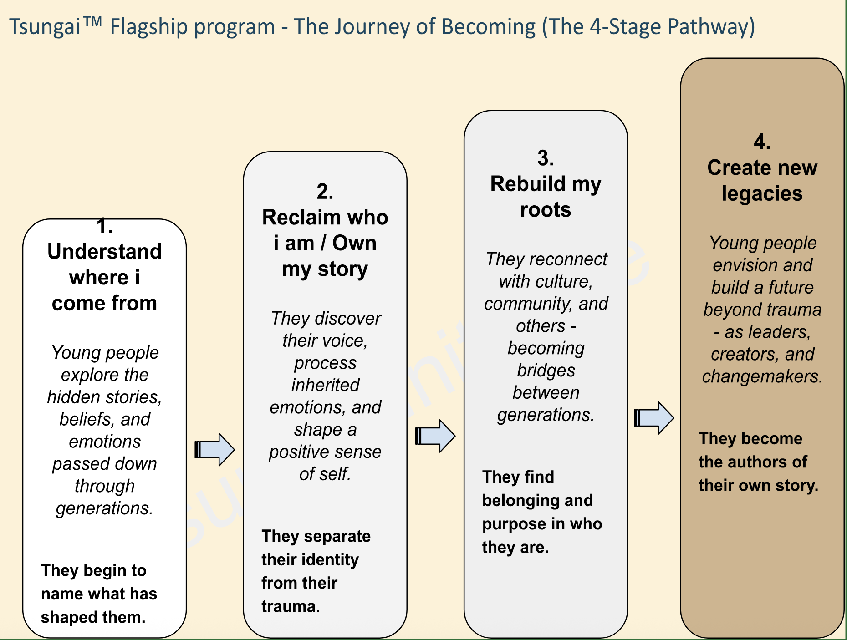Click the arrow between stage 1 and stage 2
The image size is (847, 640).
point(214,450)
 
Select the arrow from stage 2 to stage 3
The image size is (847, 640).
point(435,436)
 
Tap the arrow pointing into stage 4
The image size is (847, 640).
point(654,418)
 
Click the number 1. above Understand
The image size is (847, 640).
point(105,226)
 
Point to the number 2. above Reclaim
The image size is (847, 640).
point(325,192)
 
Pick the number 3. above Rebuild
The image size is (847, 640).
point(546,158)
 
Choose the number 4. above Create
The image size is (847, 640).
point(762,142)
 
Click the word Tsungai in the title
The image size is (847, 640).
point(45,27)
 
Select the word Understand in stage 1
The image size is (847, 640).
point(105,251)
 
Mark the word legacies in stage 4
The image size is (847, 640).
point(762,194)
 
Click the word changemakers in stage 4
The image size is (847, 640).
point(762,376)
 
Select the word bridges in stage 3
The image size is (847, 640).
point(546,371)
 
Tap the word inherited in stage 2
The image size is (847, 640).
point(325,385)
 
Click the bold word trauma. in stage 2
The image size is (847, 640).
point(291,606)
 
